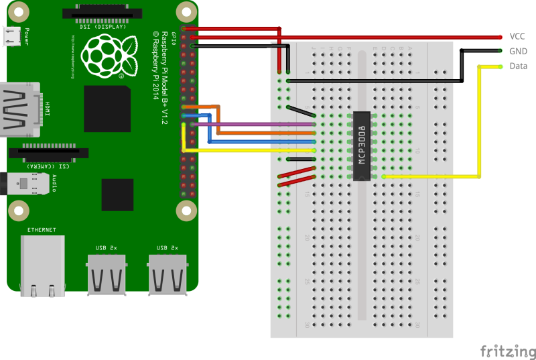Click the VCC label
517,36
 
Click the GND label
518,51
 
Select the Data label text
518,66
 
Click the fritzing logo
508,351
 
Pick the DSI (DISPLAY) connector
105,13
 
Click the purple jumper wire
255,124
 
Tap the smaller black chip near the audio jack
117,194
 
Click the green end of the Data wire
500,66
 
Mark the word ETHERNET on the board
42,230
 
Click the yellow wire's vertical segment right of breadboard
479,121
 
